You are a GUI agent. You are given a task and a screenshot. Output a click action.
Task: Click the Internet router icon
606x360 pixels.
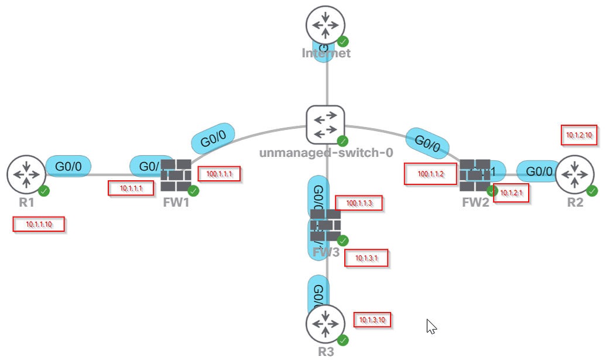pos(325,25)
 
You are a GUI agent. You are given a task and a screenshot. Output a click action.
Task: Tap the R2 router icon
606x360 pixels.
pos(574,174)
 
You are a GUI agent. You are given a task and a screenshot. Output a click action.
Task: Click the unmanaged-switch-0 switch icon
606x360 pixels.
pos(325,125)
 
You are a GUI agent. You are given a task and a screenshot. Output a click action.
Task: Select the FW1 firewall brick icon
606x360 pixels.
pos(176,175)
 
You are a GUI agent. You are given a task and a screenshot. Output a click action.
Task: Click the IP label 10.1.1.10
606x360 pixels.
pos(39,224)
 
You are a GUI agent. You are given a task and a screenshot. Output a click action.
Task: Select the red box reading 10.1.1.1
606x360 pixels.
pos(131,188)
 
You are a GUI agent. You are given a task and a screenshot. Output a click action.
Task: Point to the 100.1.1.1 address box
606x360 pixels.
pos(220,174)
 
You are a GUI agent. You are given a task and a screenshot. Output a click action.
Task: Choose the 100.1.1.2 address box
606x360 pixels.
pos(430,174)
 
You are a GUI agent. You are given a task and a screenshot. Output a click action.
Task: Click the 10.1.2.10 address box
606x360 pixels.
pos(579,135)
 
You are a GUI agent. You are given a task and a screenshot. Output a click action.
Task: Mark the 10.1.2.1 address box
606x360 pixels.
pos(512,193)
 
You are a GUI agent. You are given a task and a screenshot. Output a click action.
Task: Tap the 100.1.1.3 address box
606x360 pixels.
pos(358,203)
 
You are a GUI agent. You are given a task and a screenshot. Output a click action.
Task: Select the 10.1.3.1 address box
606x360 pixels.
pos(367,258)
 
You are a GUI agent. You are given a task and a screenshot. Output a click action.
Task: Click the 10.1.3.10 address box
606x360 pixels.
pos(372,320)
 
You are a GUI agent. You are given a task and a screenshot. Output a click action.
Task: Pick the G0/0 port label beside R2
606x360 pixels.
pos(539,171)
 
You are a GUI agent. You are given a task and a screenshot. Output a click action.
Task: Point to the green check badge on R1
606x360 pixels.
pos(43,190)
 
